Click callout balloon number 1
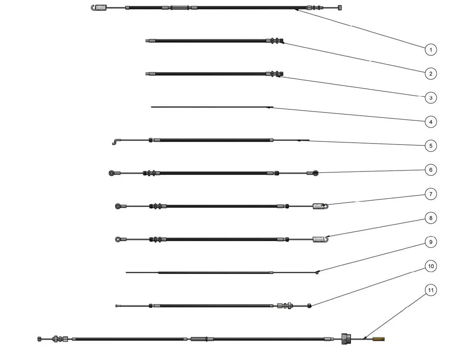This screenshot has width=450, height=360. click(431, 49)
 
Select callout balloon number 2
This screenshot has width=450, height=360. click(431, 73)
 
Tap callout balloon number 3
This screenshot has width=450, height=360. click(431, 97)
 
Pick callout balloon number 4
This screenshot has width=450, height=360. click(431, 121)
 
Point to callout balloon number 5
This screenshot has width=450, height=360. click(431, 145)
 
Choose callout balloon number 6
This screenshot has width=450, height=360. click(431, 170)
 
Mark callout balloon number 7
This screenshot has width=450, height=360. click(431, 194)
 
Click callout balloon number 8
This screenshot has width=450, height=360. click(431, 218)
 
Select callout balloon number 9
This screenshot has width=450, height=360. click(431, 242)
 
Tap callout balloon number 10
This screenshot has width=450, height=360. click(431, 266)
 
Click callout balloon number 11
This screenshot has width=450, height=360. click(431, 290)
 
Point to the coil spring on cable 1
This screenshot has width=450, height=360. click(102, 7)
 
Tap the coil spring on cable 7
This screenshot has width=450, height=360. click(318, 207)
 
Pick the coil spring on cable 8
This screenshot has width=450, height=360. click(318, 239)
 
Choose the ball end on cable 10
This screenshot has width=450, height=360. click(310, 306)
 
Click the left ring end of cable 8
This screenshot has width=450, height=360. click(118, 239)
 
